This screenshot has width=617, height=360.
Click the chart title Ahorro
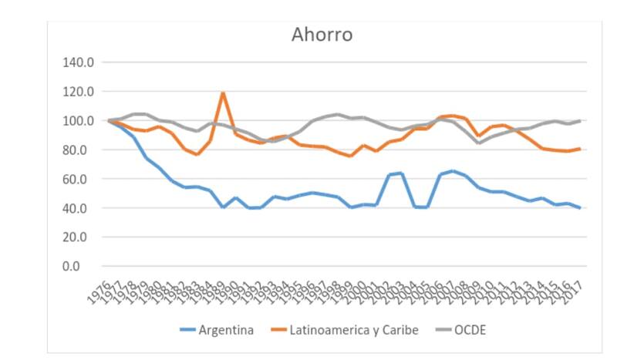point(322,35)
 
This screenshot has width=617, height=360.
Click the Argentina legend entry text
point(226,331)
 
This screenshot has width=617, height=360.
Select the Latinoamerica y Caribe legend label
point(353,331)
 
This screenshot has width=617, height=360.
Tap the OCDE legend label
point(470,331)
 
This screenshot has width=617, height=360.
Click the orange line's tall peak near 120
point(223,93)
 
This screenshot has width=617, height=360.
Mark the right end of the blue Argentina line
point(579,208)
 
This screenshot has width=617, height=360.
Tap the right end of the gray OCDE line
point(579,121)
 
